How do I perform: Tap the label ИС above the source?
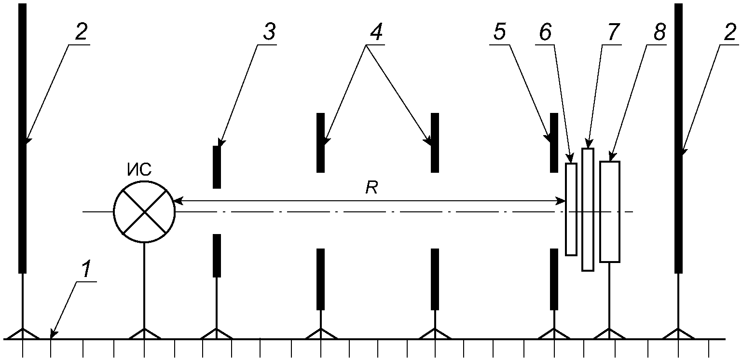tap(139, 169)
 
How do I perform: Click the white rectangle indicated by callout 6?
tap(571, 209)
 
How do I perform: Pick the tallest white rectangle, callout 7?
tap(587, 209)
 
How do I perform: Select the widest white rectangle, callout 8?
tap(609, 211)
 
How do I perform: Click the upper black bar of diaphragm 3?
tap(217, 167)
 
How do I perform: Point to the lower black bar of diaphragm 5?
tap(554, 279)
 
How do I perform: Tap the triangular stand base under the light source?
tap(144, 333)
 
